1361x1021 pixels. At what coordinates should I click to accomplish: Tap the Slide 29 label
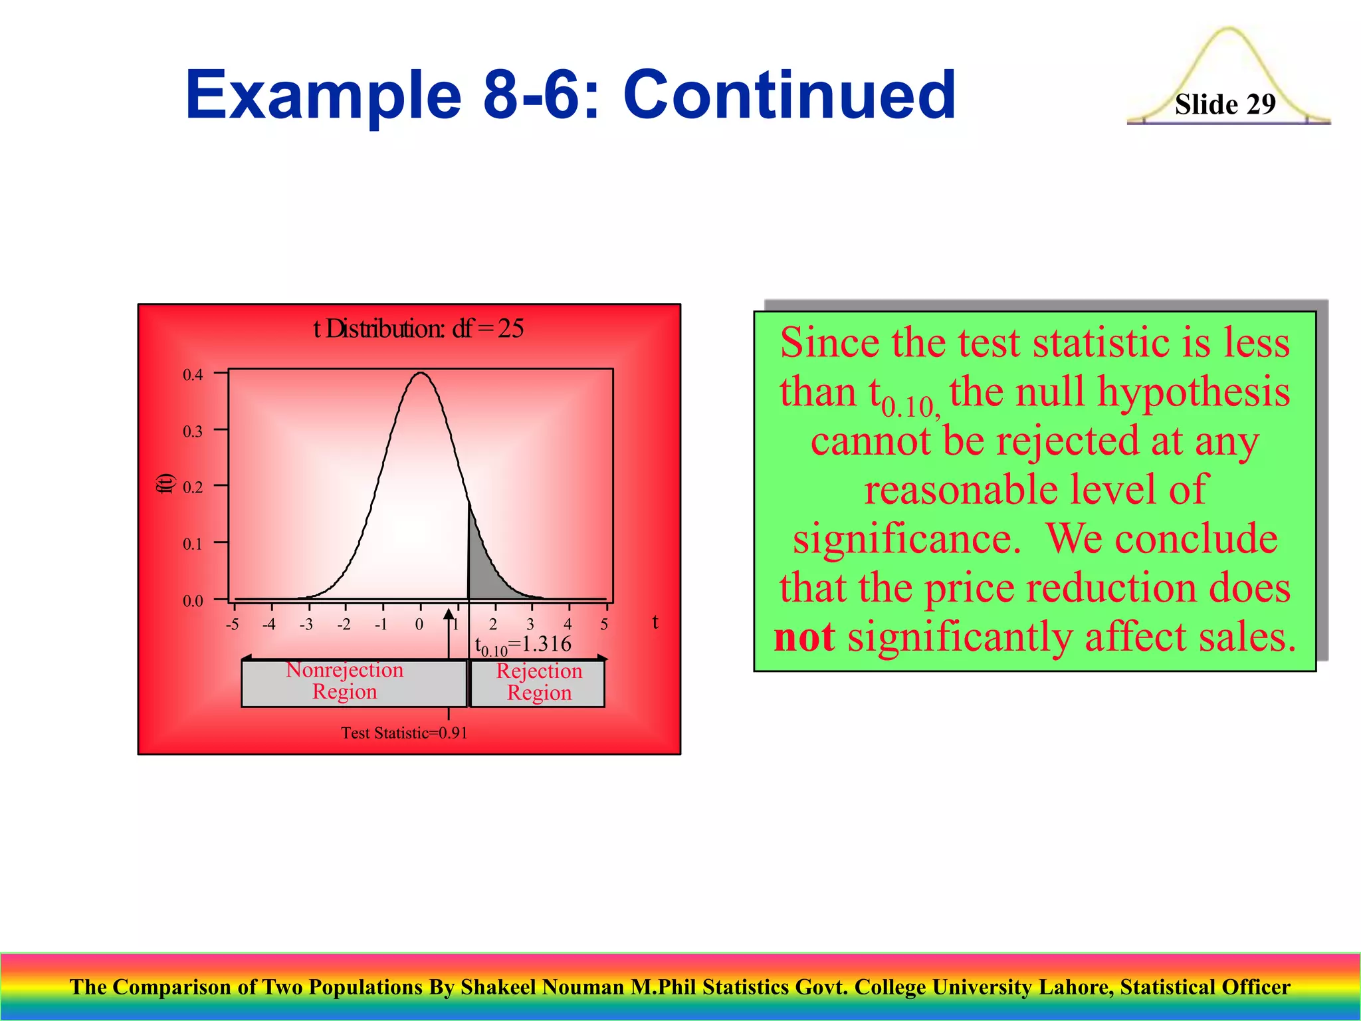(x=1225, y=104)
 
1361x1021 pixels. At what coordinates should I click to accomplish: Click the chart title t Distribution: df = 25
(x=419, y=328)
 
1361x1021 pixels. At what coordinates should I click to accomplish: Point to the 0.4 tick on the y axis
(x=193, y=375)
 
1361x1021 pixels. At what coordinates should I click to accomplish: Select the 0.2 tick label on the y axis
(x=193, y=487)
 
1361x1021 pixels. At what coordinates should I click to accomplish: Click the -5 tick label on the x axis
(x=232, y=624)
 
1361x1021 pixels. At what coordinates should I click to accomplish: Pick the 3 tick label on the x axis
(x=530, y=624)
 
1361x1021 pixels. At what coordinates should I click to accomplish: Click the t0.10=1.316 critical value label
(x=523, y=645)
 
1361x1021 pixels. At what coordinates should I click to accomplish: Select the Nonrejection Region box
(x=354, y=682)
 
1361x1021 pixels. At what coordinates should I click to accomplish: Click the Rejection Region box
(x=538, y=683)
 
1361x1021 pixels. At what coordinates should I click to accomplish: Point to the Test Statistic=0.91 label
(x=404, y=733)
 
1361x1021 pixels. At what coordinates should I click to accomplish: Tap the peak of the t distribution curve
(x=421, y=374)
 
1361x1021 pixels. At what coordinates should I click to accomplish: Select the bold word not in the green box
(x=804, y=637)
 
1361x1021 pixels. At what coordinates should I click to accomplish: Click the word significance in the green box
(x=906, y=538)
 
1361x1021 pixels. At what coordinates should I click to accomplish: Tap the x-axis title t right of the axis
(x=655, y=622)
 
